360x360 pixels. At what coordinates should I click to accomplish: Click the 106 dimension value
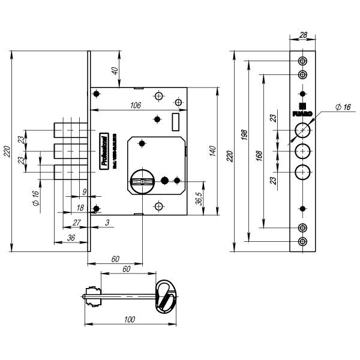click(x=136, y=106)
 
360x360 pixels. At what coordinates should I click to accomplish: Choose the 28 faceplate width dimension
click(x=303, y=36)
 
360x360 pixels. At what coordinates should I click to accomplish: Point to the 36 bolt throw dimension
click(x=70, y=238)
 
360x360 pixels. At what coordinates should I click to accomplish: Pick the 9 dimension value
click(x=85, y=192)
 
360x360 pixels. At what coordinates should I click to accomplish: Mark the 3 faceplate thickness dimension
click(x=107, y=223)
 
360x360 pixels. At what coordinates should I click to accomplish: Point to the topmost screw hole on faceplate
click(x=302, y=61)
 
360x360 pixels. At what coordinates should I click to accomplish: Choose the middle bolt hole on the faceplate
click(x=302, y=151)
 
